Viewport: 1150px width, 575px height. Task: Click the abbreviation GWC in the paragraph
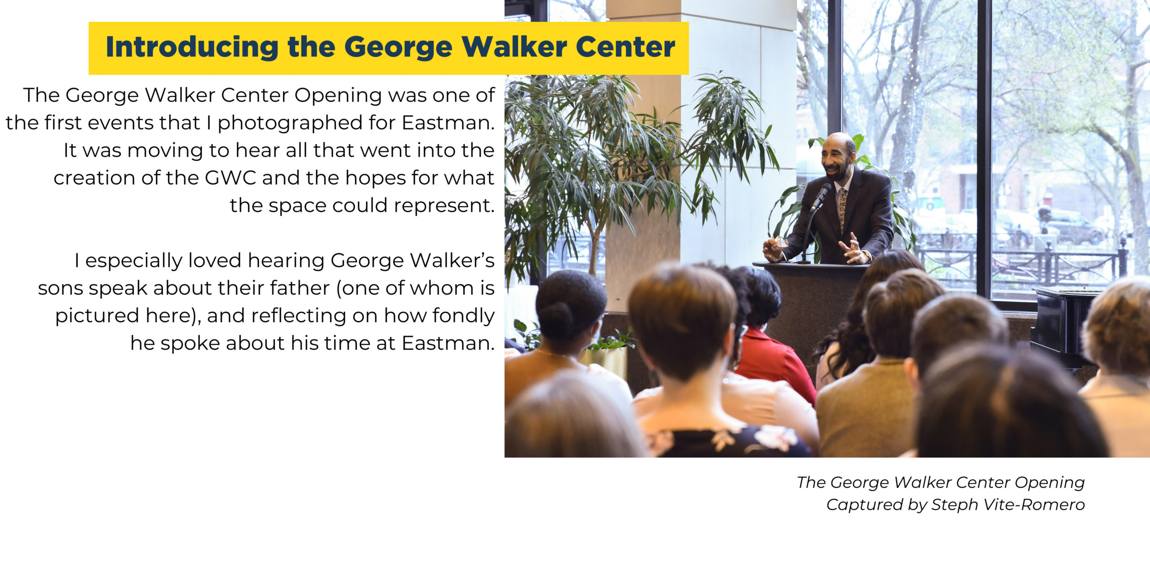click(x=230, y=178)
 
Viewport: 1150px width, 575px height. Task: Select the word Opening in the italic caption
click(x=1049, y=483)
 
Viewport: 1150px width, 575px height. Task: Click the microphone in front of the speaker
click(x=821, y=196)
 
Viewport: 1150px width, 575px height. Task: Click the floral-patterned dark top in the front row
click(x=728, y=442)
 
